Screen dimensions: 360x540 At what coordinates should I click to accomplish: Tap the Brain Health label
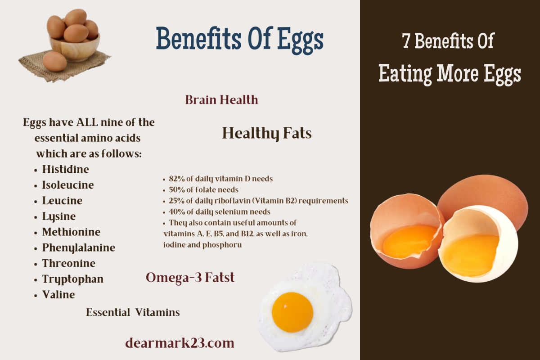(x=221, y=100)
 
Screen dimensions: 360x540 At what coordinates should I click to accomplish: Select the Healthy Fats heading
(x=266, y=134)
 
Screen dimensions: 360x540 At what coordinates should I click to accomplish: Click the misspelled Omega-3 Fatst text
(x=190, y=278)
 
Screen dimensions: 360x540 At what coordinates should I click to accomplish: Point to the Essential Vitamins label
(x=133, y=312)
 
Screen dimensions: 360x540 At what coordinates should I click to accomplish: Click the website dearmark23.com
(x=180, y=343)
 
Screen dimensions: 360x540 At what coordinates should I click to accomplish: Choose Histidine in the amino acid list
(x=65, y=170)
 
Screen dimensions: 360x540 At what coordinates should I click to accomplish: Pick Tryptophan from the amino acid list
(x=72, y=279)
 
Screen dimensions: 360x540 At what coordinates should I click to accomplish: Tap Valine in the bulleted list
(x=58, y=295)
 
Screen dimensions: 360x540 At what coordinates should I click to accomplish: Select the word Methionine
(x=71, y=232)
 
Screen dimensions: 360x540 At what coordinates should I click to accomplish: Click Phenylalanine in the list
(x=78, y=247)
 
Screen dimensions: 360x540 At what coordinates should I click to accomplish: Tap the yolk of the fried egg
(x=292, y=312)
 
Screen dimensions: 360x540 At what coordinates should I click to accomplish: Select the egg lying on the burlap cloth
(x=54, y=62)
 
